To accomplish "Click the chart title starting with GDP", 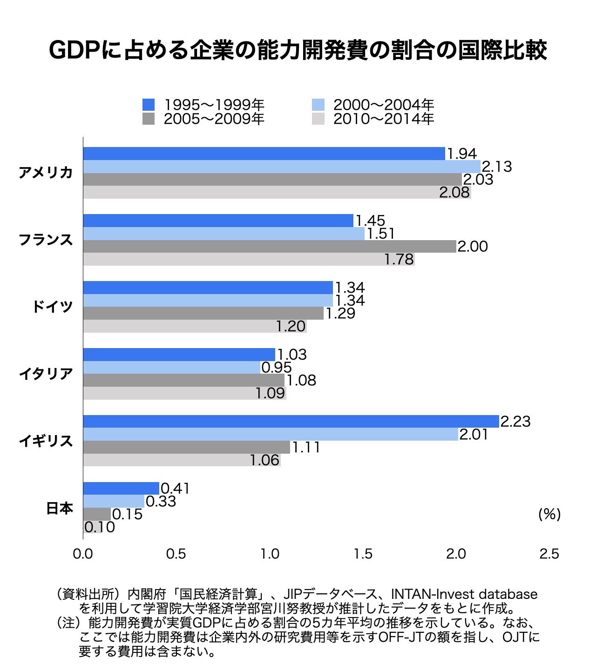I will pos(298,51).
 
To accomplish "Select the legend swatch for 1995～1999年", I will pos(148,105).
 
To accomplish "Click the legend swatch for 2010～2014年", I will pos(318,119).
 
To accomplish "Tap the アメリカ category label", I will pos(46,173).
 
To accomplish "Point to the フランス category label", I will pos(46,240).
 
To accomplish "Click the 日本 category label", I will pos(60,509).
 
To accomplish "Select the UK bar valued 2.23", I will pos(291,421).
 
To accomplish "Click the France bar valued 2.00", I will pos(269,247).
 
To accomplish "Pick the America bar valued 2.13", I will pos(281,167).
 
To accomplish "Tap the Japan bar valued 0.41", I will pos(121,488).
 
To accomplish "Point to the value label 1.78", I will pos(399,260).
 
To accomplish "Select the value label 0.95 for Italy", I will pos(277,368).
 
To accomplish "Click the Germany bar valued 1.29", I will pos(203,314).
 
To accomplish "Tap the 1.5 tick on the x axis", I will pos(363,554).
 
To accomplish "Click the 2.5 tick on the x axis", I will pos(549,554).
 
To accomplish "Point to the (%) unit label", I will pos(549,514).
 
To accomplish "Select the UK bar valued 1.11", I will pos(186,448).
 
